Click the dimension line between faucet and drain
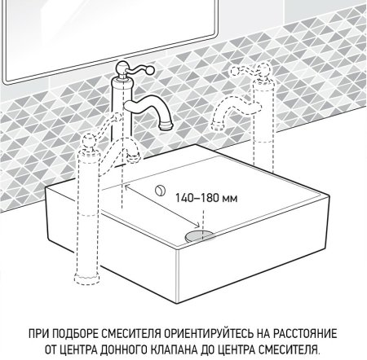163,213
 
